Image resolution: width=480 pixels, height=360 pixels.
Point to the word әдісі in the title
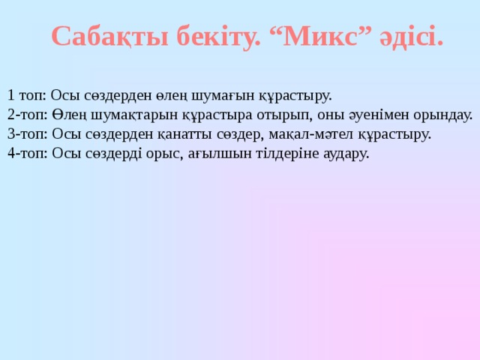click(412, 35)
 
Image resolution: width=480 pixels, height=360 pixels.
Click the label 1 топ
click(26, 95)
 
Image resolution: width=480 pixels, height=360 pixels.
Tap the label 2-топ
click(27, 115)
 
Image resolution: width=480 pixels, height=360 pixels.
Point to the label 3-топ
click(27, 134)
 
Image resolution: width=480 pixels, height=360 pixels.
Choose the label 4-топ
click(27, 154)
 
